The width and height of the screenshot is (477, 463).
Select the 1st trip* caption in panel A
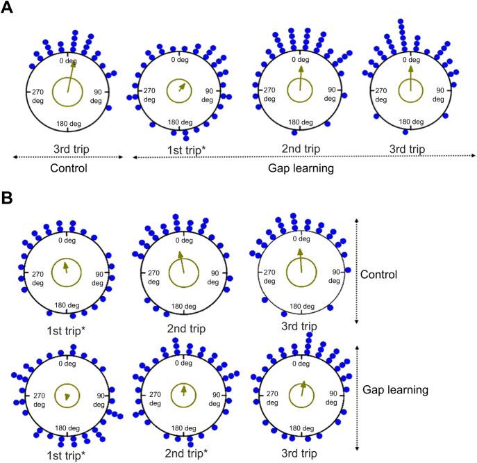[x=181, y=149]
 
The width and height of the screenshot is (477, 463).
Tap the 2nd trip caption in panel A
[x=300, y=149]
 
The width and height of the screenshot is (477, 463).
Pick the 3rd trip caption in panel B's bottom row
[x=300, y=454]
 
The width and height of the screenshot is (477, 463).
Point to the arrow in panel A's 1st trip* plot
[x=182, y=88]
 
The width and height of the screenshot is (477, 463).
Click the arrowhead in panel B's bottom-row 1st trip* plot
[x=67, y=396]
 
